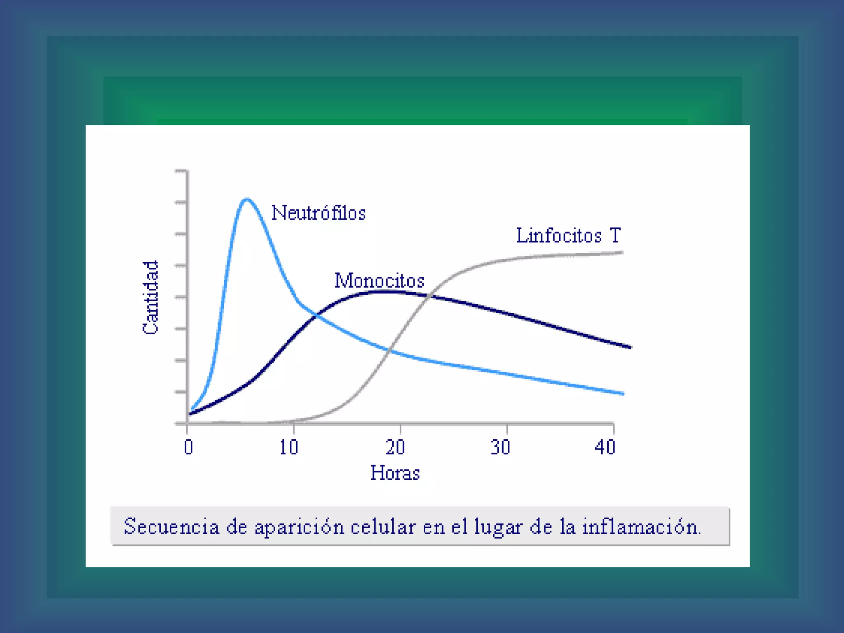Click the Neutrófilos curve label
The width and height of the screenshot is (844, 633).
[318, 213]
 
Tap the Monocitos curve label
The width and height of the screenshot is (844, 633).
[379, 281]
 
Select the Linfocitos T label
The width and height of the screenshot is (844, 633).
[568, 236]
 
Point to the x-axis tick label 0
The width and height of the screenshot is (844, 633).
[188, 447]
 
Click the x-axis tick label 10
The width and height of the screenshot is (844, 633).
[288, 447]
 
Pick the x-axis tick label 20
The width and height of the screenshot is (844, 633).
[395, 447]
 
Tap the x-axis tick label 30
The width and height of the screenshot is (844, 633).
[500, 447]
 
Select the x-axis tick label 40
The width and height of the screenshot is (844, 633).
[605, 447]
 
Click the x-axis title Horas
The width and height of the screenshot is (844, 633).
[395, 473]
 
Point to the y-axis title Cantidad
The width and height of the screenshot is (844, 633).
[150, 297]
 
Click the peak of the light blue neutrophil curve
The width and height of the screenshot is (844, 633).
[246, 199]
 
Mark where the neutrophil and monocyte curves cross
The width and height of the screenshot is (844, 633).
[316, 316]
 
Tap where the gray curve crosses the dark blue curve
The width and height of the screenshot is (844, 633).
[430, 295]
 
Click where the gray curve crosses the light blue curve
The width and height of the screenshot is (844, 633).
[388, 350]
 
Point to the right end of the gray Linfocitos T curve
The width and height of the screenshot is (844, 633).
[622, 253]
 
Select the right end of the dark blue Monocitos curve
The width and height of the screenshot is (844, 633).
[630, 347]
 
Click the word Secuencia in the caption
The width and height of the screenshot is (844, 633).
[171, 527]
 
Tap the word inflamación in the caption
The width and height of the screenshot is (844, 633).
[641, 527]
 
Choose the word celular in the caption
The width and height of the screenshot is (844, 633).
[383, 527]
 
